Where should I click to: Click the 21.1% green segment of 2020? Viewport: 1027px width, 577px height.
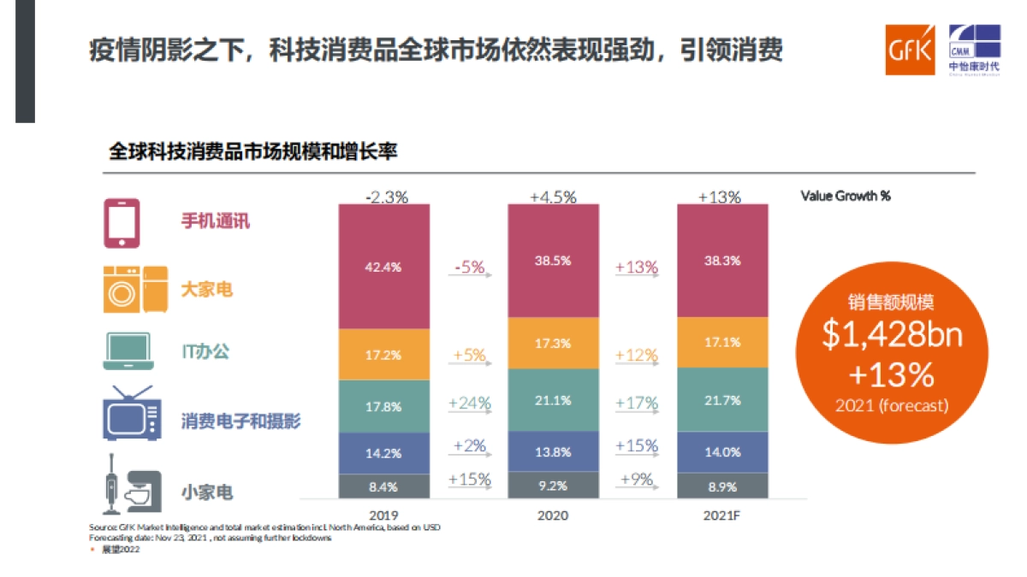point(552,399)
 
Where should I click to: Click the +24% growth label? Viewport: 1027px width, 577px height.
point(470,403)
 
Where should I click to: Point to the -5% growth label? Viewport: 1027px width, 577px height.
point(470,268)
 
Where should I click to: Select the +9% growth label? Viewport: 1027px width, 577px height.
point(636,480)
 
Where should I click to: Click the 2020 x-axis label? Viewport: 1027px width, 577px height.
point(552,515)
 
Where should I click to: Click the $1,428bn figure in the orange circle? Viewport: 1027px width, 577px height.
point(892,334)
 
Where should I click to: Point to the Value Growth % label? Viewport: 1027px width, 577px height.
point(845,196)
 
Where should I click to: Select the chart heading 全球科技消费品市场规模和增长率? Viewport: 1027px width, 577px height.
point(252,152)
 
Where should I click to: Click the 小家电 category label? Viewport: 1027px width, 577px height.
point(206,492)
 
